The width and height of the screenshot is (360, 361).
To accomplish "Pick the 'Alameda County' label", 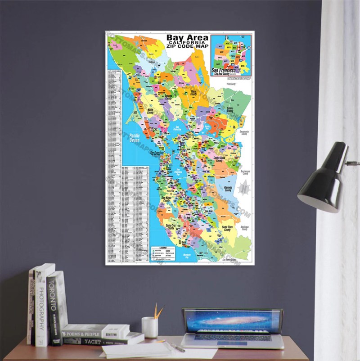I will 228,190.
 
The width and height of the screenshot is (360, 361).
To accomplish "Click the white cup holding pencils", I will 149,327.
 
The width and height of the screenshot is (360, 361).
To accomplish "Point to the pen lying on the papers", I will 175,347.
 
